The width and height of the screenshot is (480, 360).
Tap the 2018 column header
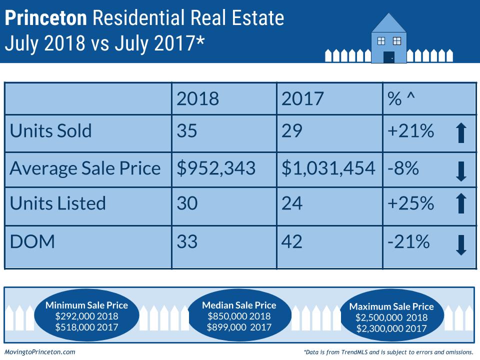pos(198,98)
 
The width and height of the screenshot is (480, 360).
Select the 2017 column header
pos(302,98)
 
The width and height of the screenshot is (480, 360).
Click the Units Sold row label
pos(51,131)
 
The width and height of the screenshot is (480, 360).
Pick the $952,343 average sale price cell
pos(216,167)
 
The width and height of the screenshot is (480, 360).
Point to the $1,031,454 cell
pos(328,167)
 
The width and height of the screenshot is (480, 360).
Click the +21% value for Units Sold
pos(410,131)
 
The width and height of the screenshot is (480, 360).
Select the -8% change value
pos(402,167)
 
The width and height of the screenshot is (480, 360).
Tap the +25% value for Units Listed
pos(410,203)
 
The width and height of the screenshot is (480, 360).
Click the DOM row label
pos(32,242)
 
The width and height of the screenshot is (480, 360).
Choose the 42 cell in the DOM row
pos(292,242)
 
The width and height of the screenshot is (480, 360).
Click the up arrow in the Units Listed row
pos(461,204)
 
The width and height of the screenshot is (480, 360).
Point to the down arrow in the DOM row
pos(461,245)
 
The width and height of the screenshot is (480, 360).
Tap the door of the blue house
pos(389,57)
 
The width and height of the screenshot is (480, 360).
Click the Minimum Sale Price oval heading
pos(87,305)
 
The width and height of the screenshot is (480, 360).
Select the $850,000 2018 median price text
pos(239,316)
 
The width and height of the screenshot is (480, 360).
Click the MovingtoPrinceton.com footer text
pos(40,352)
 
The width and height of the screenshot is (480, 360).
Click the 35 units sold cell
pos(187,131)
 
